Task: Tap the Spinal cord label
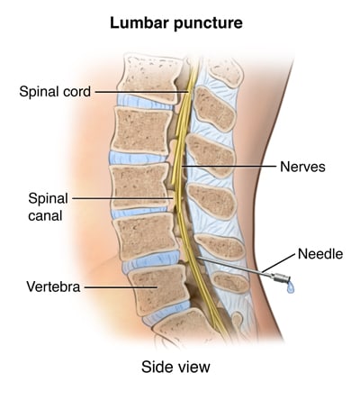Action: pyautogui.click(x=55, y=91)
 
